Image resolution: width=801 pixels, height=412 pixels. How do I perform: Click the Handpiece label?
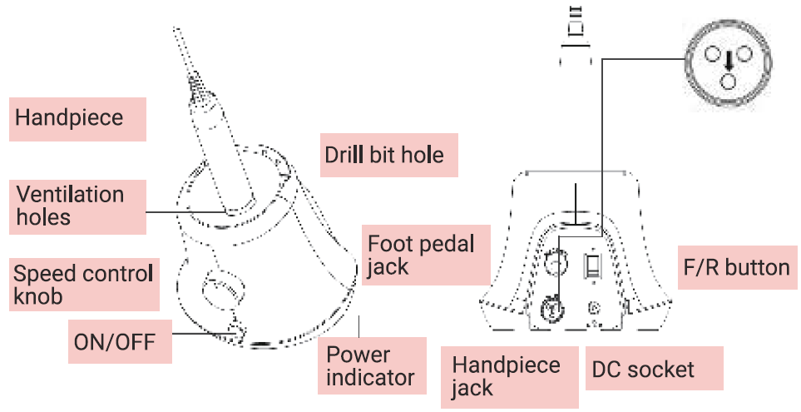(69, 117)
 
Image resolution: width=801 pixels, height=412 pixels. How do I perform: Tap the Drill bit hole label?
(384, 155)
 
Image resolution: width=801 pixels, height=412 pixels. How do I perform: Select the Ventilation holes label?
(72, 206)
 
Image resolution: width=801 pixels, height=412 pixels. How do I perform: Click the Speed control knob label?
(83, 285)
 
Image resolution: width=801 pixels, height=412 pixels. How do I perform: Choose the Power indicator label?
(370, 365)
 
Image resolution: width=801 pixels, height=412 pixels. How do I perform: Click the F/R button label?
(734, 267)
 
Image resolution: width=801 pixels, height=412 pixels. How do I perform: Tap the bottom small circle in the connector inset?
(729, 80)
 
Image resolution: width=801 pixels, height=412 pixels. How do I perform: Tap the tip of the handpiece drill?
(176, 32)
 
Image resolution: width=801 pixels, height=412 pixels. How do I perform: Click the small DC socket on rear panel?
(594, 307)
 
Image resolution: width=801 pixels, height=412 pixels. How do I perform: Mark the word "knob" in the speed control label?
(38, 296)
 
